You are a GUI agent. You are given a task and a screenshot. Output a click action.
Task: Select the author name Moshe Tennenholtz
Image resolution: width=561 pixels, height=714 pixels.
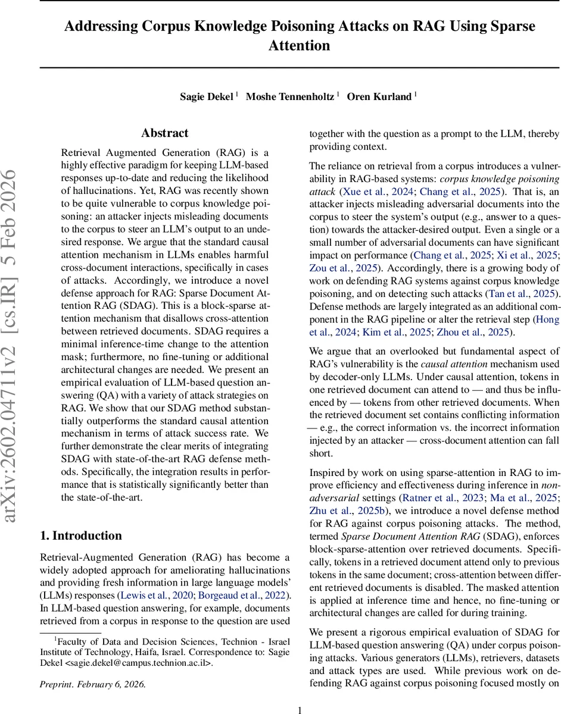(x=291, y=96)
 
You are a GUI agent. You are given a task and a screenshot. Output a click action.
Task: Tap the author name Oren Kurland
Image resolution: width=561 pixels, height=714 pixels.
(x=379, y=96)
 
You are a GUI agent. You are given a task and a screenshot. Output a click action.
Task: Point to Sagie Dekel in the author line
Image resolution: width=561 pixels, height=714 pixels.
(x=206, y=96)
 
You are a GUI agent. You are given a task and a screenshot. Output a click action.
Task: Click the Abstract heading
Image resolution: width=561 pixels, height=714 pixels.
(x=164, y=133)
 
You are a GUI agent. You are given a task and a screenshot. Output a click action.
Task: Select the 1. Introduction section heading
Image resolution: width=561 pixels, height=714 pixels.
(x=81, y=535)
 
